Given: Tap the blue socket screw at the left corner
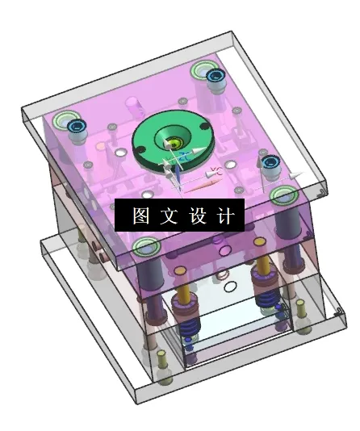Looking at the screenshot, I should tap(77, 127).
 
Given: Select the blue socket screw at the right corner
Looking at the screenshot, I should tap(270, 161).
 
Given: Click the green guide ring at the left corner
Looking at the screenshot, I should tap(65, 123).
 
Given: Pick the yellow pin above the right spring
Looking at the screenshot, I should tap(264, 270).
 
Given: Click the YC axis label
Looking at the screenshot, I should tap(215, 170).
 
